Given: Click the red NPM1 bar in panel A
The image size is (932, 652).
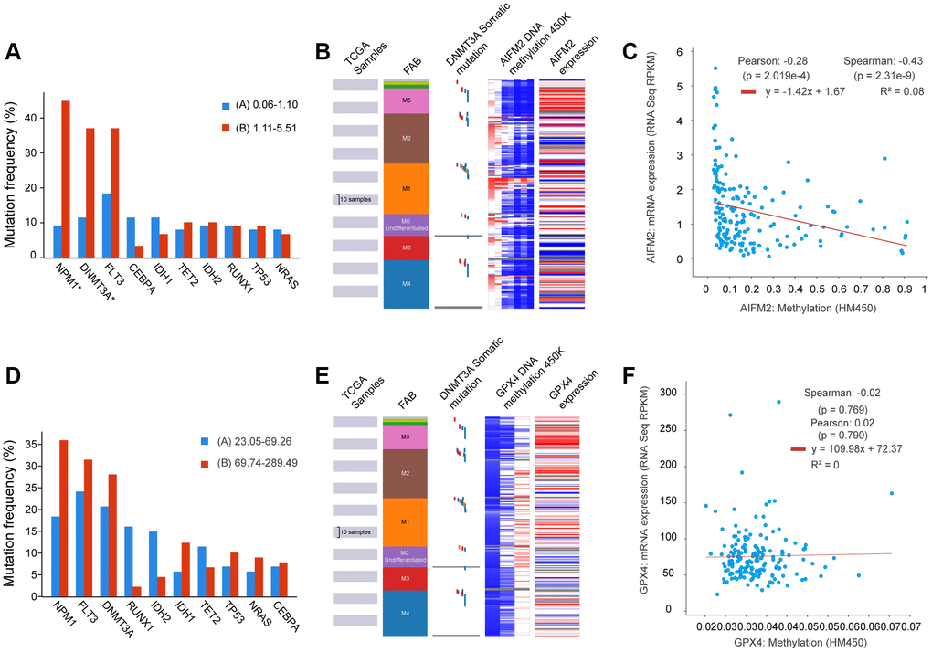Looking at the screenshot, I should pos(66,178).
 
